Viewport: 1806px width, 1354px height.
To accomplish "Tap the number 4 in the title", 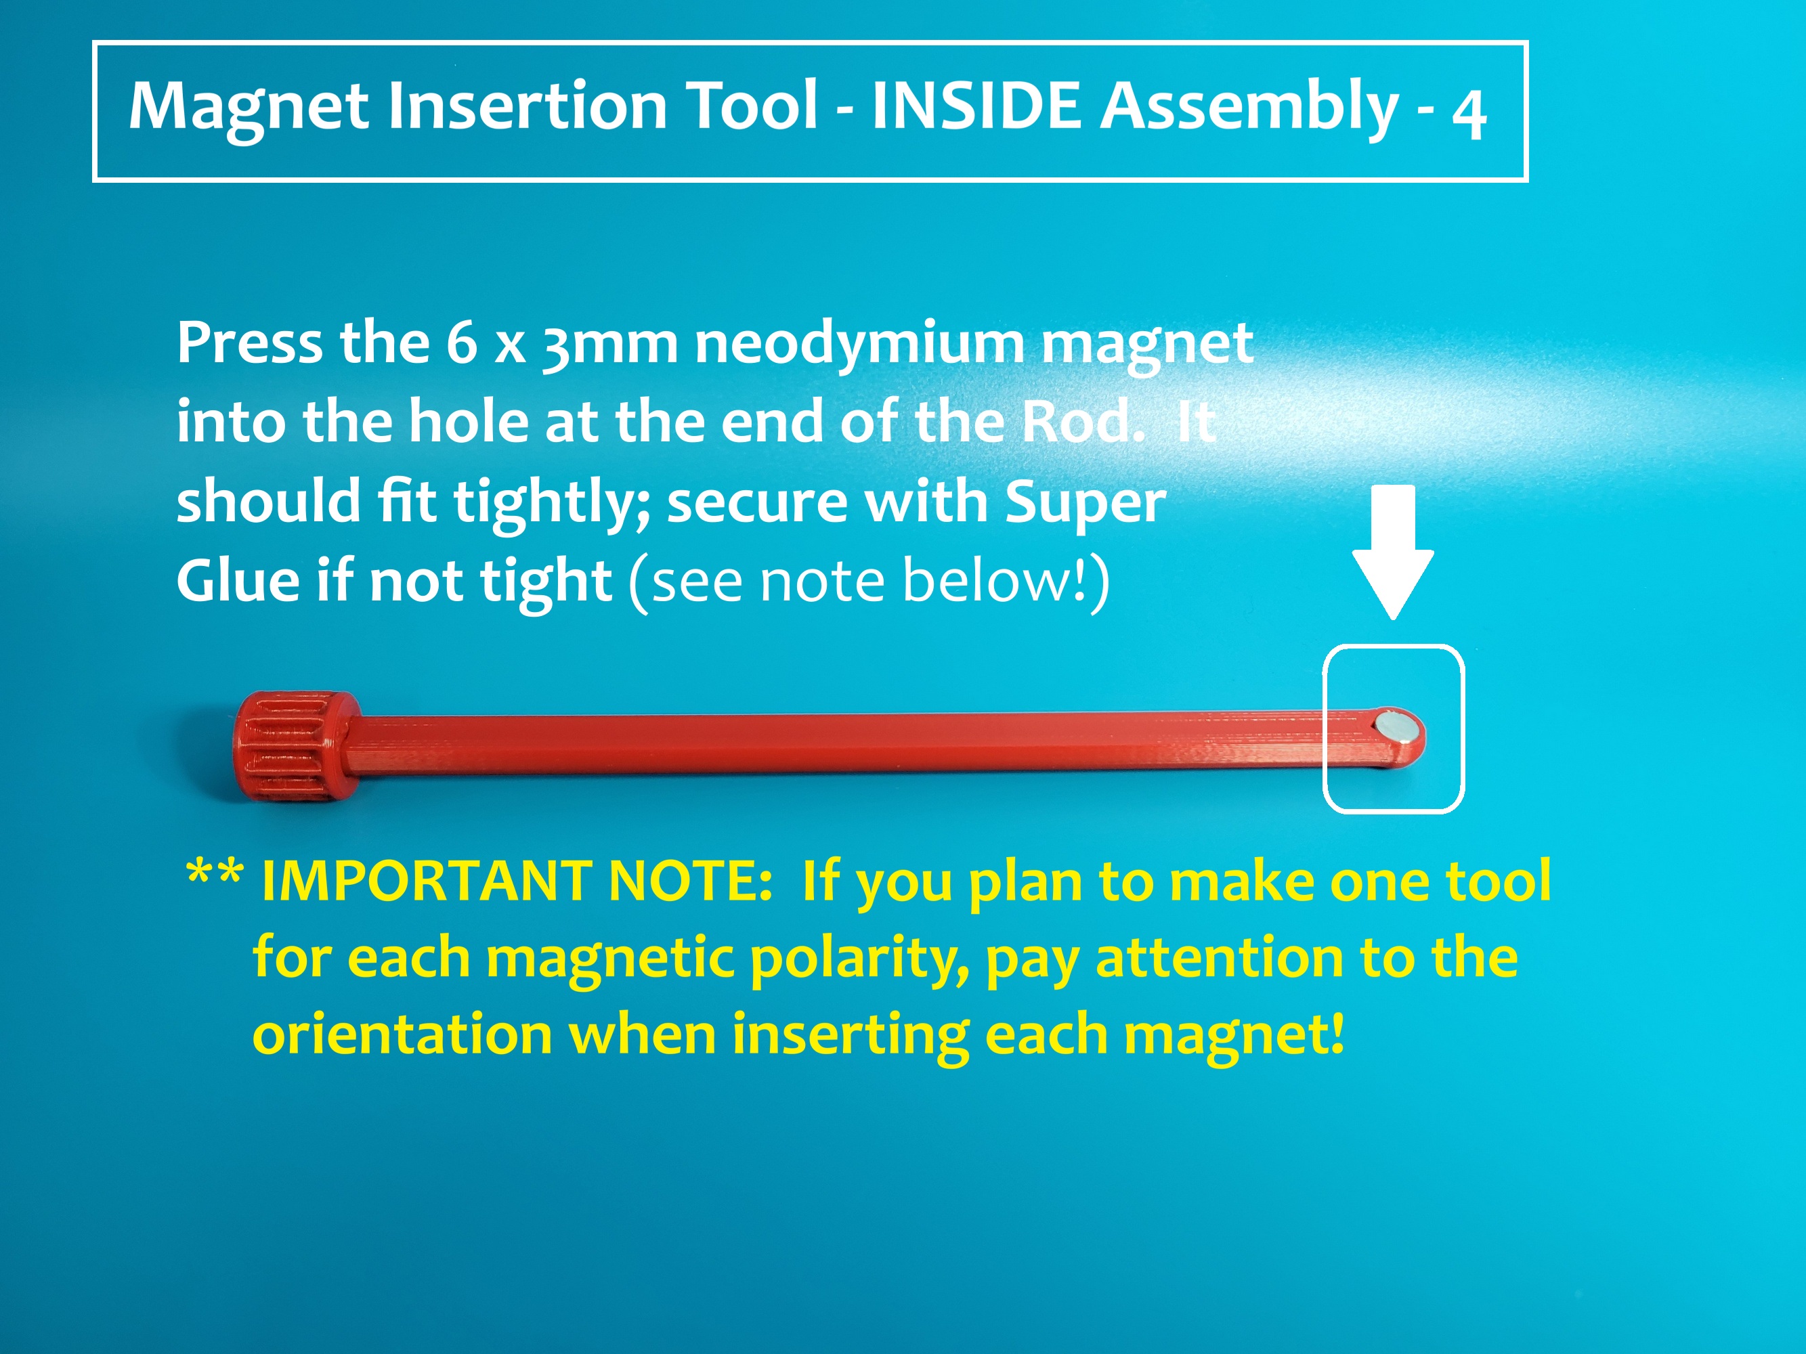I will pos(1468,115).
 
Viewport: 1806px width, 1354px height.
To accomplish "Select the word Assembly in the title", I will pos(1249,107).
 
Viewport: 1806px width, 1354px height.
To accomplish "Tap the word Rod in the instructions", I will pos(1083,421).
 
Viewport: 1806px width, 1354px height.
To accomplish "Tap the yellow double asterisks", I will pos(214,873).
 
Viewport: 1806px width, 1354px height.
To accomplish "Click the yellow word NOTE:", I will pos(691,881).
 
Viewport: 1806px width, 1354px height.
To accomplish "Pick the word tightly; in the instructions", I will pos(552,502).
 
